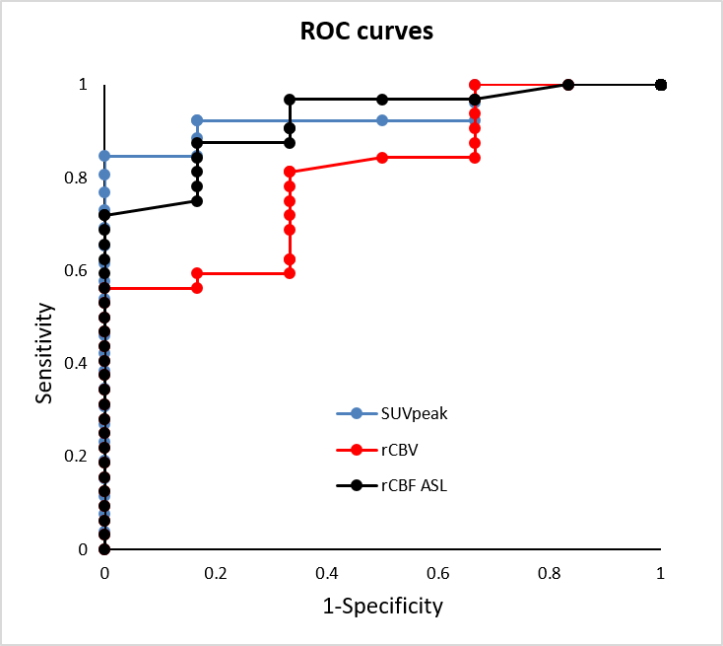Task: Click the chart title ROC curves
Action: click(x=366, y=32)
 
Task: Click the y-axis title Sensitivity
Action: click(x=43, y=353)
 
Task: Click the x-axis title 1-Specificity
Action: click(x=382, y=605)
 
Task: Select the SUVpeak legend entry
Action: click(x=415, y=414)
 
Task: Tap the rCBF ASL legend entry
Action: click(x=414, y=485)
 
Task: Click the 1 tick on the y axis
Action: click(x=83, y=86)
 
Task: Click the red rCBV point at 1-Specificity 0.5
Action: click(x=382, y=157)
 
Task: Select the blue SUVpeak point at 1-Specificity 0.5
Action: click(x=382, y=120)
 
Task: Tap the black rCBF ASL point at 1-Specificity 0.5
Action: click(x=382, y=100)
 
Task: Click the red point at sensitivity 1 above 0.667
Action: click(x=475, y=85)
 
